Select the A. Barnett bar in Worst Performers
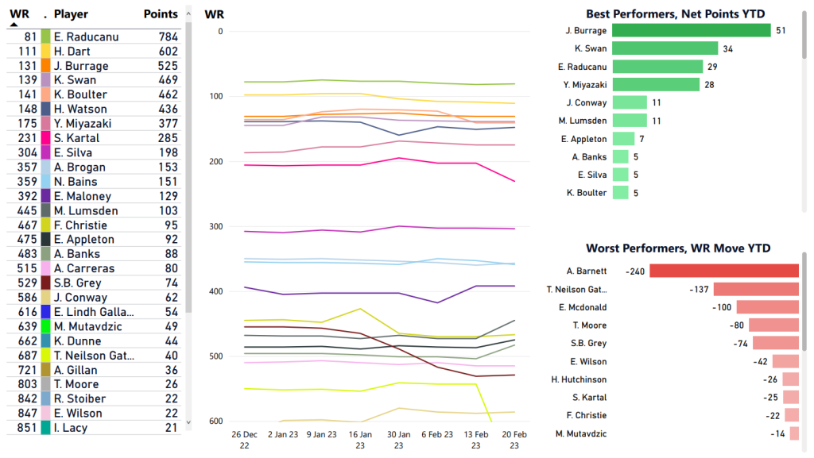[x=723, y=271]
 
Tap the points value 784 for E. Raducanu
[x=168, y=37]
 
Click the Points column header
[x=161, y=14]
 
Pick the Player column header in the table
[x=71, y=14]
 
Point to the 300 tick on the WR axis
[x=217, y=226]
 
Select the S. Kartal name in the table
[x=76, y=138]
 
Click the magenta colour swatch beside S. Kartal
[x=46, y=138]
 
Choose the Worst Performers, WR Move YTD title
[x=678, y=248]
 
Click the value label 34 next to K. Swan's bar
[x=727, y=48]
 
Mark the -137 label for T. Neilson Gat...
[x=700, y=289]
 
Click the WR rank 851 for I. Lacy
[x=28, y=428]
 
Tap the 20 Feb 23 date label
[x=514, y=441]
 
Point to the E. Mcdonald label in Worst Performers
[x=583, y=307]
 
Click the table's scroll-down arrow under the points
[x=188, y=423]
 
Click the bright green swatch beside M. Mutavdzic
[x=46, y=326]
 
